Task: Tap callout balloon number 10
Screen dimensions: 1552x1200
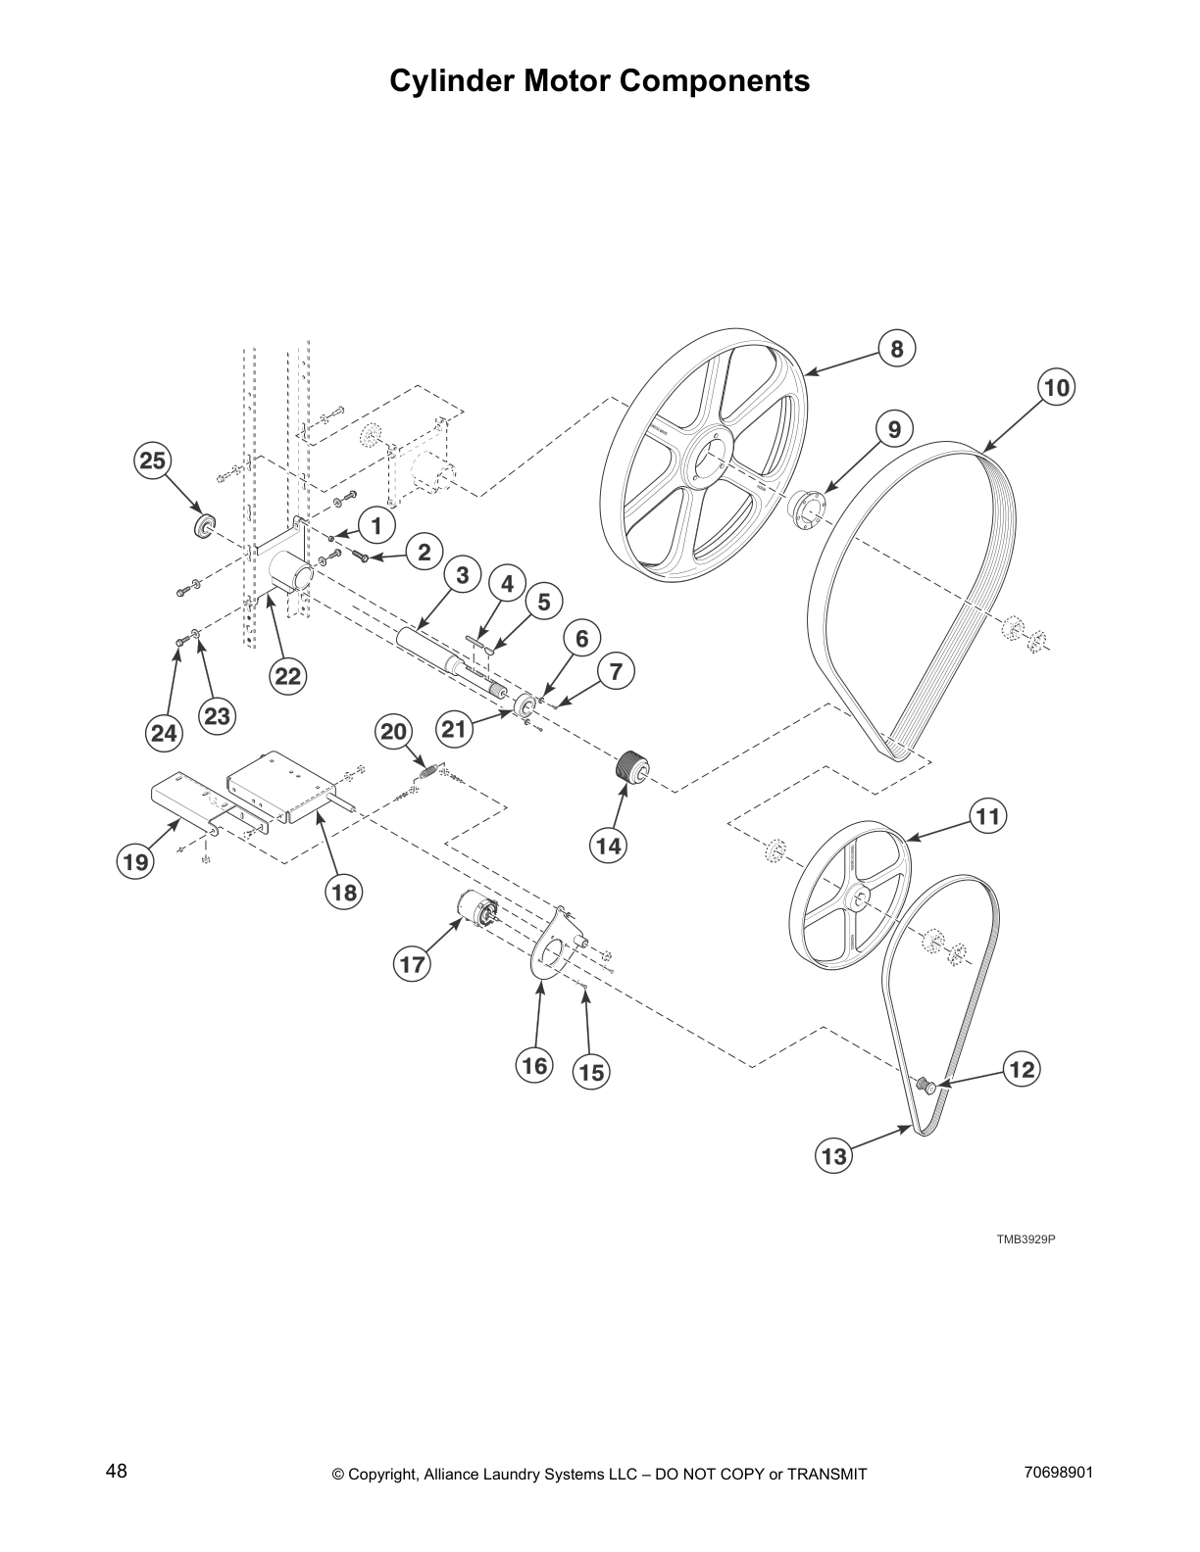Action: [1056, 388]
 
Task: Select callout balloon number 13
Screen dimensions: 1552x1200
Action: [833, 1156]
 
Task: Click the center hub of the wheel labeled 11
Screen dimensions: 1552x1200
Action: [858, 897]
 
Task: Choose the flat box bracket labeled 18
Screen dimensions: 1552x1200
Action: [275, 784]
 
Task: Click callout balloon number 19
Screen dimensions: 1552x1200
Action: [135, 862]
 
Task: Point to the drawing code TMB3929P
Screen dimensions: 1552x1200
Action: [1025, 1239]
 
